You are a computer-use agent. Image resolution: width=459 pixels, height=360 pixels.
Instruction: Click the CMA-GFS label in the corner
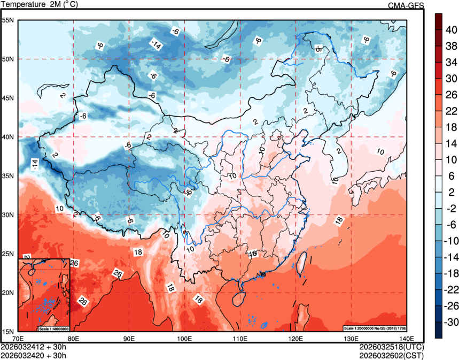click(x=406, y=5)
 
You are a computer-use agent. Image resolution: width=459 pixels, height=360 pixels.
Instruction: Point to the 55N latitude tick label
click(x=9, y=20)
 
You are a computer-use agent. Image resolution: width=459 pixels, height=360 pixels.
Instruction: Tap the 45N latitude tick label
click(x=9, y=98)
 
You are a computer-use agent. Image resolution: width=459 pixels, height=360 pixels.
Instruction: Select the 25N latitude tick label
click(x=9, y=254)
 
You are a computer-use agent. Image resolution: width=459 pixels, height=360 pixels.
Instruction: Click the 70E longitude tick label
click(x=18, y=339)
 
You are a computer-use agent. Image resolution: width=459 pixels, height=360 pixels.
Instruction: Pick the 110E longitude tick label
click(x=240, y=339)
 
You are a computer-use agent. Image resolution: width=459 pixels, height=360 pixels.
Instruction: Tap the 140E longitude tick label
click(x=407, y=339)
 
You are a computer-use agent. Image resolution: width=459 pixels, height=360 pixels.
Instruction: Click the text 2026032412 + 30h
click(x=33, y=347)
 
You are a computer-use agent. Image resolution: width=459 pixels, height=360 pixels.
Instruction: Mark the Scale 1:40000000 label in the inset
click(x=54, y=328)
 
